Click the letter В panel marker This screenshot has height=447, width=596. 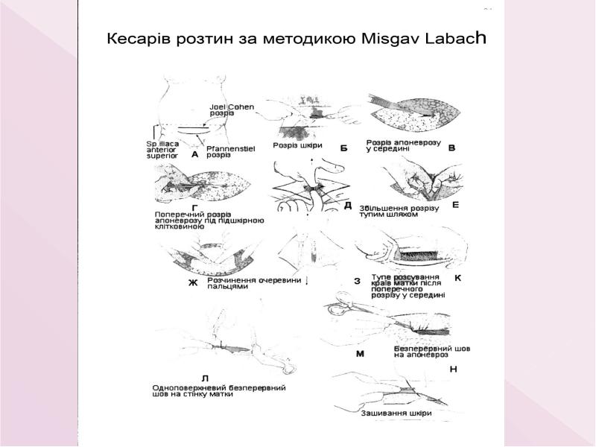(451, 148)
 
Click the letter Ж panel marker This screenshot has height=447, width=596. (193, 284)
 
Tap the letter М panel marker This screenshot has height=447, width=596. (360, 354)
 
